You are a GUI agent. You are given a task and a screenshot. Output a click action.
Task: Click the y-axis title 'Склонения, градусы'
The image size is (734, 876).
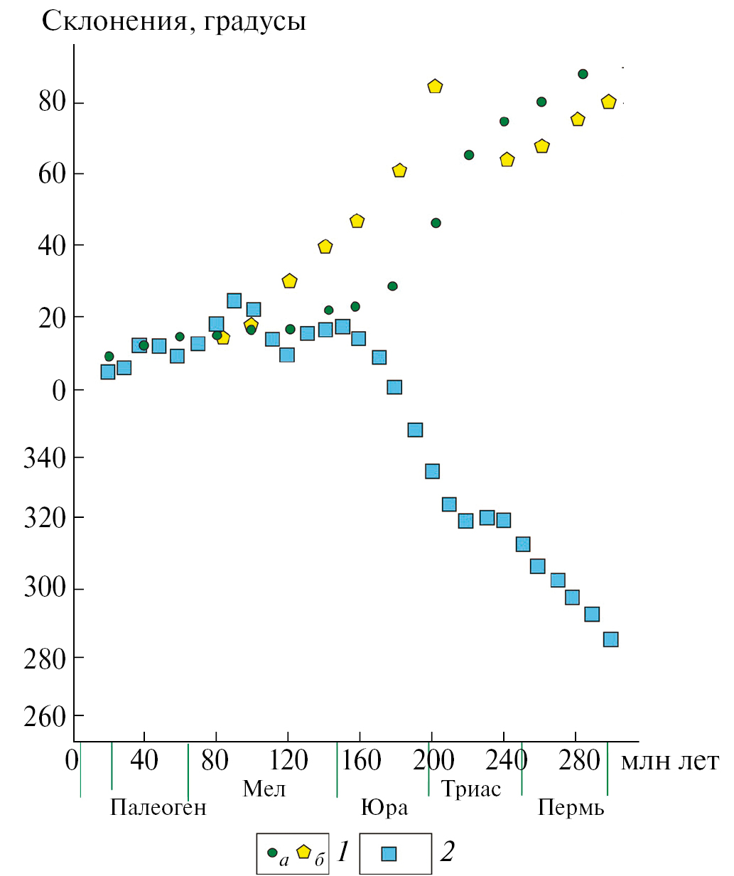174,21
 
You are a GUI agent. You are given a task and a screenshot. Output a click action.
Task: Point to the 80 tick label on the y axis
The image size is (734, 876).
52,102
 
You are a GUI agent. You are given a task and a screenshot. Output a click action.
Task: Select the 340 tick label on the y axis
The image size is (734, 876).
44,458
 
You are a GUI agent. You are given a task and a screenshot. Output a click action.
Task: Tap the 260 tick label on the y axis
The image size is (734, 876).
44,717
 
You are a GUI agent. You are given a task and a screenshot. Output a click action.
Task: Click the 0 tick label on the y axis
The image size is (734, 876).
58,390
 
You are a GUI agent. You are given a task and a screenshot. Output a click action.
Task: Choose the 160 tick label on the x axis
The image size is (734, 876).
361,761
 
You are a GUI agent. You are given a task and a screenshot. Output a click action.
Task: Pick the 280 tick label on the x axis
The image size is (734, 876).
579,761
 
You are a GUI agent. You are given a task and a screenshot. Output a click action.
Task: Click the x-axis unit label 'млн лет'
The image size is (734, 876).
669,761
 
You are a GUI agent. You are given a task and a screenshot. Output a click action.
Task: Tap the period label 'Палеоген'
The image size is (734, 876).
158,808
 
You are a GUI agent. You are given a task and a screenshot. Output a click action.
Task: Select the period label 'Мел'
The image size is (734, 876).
264,789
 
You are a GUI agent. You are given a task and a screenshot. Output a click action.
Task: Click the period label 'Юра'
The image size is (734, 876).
384,808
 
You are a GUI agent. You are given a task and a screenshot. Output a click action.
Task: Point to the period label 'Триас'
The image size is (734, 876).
471,789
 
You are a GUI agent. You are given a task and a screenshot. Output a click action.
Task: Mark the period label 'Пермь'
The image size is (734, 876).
571,808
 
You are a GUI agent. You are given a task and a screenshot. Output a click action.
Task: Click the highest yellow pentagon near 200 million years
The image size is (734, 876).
435,87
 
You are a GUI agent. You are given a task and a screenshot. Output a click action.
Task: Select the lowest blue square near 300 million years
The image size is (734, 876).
610,639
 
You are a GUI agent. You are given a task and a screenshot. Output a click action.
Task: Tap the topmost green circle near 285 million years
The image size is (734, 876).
583,74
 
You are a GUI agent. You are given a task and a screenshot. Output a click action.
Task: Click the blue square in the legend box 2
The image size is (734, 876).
388,853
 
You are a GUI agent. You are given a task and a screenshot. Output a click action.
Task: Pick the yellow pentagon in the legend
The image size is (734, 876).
304,851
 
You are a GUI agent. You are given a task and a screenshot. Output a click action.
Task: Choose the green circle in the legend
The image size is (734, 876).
272,852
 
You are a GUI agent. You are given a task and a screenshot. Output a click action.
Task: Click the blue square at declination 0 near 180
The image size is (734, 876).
394,387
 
